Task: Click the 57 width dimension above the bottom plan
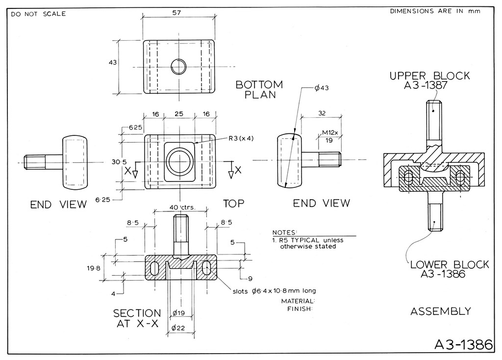point(176,13)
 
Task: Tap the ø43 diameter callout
point(322,88)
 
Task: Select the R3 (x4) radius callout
point(241,138)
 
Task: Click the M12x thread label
point(330,132)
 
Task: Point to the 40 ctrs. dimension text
point(182,207)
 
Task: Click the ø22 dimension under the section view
point(178,328)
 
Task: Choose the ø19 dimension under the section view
point(178,312)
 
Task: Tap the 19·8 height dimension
point(94,268)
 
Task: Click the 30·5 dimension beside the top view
point(119,162)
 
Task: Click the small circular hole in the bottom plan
point(178,67)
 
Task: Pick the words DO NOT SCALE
point(38,14)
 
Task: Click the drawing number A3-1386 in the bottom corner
point(463,344)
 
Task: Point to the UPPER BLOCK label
point(429,76)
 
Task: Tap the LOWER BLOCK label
point(450,264)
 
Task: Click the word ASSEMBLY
point(441,311)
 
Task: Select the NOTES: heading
point(285,232)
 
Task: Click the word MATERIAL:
point(298,301)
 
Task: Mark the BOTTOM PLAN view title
point(259,90)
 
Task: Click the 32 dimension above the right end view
point(322,113)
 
